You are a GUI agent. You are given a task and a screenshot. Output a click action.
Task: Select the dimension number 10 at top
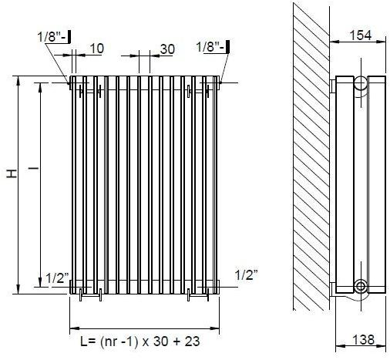(96, 49)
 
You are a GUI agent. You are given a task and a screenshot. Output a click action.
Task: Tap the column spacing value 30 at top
(166, 48)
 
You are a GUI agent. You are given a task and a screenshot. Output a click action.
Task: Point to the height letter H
(11, 176)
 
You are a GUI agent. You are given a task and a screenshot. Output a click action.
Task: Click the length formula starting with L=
(135, 341)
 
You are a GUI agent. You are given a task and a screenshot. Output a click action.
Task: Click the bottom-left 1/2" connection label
(57, 278)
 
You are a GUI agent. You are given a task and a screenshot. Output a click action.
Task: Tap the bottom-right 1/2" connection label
(245, 274)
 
